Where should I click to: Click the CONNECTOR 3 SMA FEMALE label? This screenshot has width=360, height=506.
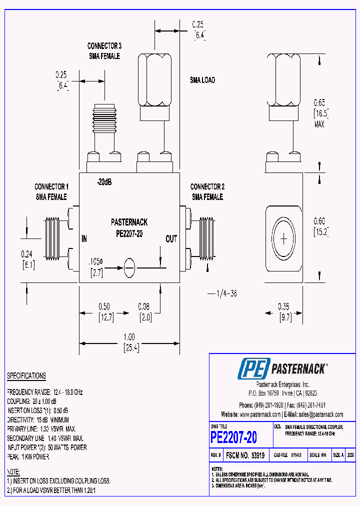pyautogui.click(x=104, y=51)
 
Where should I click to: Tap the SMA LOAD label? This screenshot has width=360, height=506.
pyautogui.click(x=202, y=80)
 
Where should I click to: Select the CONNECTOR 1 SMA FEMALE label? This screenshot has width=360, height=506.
pyautogui.click(x=51, y=191)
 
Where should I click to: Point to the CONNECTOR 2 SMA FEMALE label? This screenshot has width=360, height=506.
pyautogui.click(x=207, y=191)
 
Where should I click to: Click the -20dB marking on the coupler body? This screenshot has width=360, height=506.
pyautogui.click(x=104, y=182)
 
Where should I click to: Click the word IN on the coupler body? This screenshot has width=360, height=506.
pyautogui.click(x=84, y=239)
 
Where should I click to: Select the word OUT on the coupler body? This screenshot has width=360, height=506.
pyautogui.click(x=171, y=239)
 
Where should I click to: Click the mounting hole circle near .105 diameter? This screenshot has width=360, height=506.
pyautogui.click(x=129, y=267)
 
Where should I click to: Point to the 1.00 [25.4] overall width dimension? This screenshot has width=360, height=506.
pyautogui.click(x=129, y=342)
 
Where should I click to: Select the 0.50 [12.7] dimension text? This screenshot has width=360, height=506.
pyautogui.click(x=103, y=311)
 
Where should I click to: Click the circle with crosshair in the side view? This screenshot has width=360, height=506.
pyautogui.click(x=283, y=238)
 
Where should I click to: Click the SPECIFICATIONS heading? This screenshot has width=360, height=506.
pyautogui.click(x=26, y=376)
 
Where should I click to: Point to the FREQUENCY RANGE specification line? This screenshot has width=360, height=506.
pyautogui.click(x=44, y=392)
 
